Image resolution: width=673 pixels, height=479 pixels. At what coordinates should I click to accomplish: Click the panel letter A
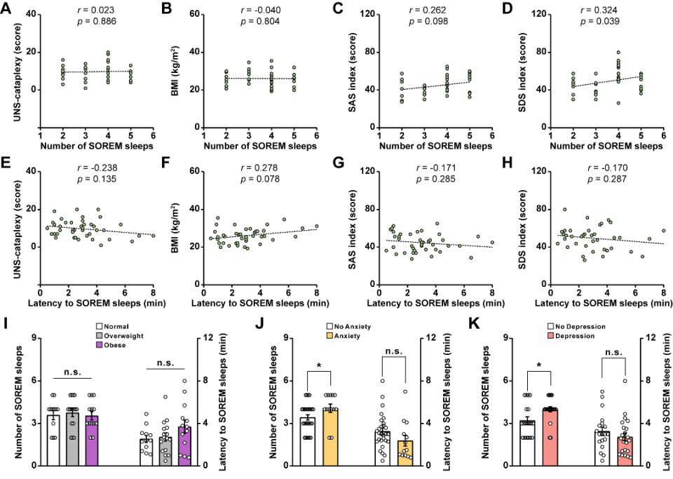[x=7, y=8]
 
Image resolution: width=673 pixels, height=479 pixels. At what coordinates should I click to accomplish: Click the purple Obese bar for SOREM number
[x=91, y=440]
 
